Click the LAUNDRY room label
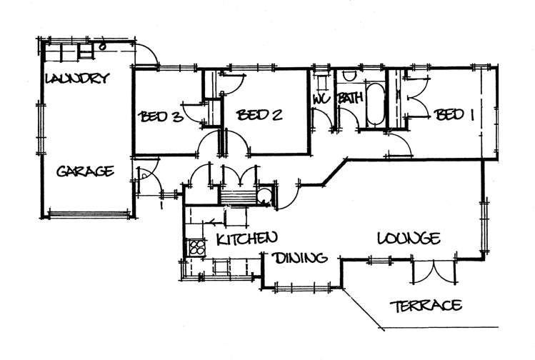76,79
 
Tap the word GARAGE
85,171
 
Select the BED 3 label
161,116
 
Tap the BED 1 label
455,114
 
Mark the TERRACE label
426,306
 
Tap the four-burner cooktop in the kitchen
196,248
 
